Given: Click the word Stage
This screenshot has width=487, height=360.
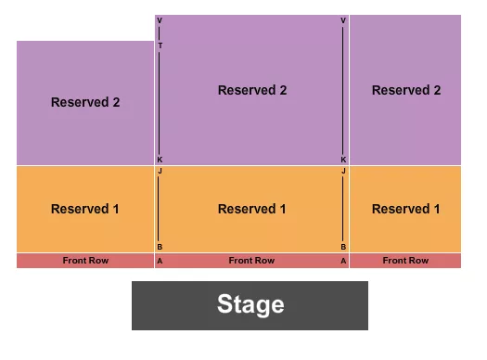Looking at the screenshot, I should (x=250, y=304).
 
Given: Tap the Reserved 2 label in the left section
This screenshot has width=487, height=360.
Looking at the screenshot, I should (x=85, y=102).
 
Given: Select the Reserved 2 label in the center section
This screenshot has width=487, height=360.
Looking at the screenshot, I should (x=252, y=90).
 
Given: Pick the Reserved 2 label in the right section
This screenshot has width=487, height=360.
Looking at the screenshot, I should (x=406, y=90).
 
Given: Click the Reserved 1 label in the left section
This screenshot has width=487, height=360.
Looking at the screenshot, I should (x=85, y=209).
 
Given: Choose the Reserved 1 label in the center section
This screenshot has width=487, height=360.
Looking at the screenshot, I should (x=252, y=209).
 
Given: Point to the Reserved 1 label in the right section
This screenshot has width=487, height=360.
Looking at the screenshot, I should (x=406, y=209).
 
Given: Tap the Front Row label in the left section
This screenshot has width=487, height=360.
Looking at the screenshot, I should (x=85, y=261).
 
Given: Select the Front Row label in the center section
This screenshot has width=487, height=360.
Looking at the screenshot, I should (x=252, y=261).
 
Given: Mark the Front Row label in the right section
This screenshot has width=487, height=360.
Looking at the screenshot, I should (x=406, y=261).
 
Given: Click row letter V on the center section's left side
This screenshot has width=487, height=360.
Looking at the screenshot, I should (x=160, y=20).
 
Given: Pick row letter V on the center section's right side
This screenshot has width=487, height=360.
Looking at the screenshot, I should (x=343, y=20).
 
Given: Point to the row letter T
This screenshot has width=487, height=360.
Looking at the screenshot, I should (x=160, y=45).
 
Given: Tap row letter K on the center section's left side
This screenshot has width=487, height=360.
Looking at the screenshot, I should (x=160, y=160).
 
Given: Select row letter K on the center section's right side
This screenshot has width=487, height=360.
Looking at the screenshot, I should (x=343, y=160).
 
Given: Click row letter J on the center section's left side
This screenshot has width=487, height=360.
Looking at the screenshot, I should (x=160, y=172).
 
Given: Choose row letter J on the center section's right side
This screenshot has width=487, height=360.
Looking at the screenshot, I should (x=343, y=172).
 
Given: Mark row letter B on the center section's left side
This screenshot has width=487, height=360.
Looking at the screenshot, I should (x=160, y=248).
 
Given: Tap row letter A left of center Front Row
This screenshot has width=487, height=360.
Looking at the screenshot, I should (x=160, y=262).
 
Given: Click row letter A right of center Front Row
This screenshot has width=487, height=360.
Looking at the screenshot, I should (x=343, y=262).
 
